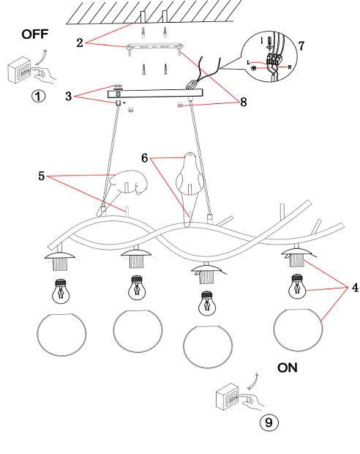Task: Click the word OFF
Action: (x=34, y=34)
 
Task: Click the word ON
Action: (x=288, y=368)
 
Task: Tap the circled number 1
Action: (x=39, y=96)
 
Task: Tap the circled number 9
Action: (x=269, y=423)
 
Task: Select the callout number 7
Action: (x=301, y=45)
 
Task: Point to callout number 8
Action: (x=244, y=102)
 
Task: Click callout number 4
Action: (x=355, y=288)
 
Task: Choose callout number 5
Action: (x=42, y=176)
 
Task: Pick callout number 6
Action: (x=144, y=158)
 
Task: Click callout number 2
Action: (x=80, y=43)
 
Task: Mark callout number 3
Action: (x=68, y=97)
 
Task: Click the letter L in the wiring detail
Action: (x=248, y=62)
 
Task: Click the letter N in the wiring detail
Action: (x=290, y=67)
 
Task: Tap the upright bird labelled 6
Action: (x=188, y=185)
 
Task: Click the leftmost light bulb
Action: (x=61, y=291)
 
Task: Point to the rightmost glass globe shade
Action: (x=298, y=330)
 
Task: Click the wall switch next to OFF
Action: (x=19, y=70)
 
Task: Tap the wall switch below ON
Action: (x=228, y=397)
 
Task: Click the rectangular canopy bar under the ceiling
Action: (x=155, y=94)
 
